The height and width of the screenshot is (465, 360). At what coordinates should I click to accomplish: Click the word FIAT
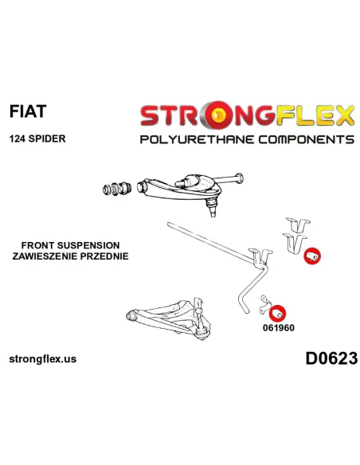click(x=28, y=111)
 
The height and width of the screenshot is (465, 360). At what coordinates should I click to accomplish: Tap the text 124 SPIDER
click(x=37, y=139)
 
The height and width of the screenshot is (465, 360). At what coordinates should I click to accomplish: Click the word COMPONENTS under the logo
click(x=306, y=139)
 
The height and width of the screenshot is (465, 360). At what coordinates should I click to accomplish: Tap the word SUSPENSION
click(x=88, y=245)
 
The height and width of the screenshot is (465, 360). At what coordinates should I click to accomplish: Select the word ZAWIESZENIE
click(x=47, y=256)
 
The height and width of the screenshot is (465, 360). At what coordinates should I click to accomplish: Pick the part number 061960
click(x=279, y=328)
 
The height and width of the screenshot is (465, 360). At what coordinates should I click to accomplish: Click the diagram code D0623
click(x=331, y=358)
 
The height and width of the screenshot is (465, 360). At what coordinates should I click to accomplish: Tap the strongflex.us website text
click(x=43, y=359)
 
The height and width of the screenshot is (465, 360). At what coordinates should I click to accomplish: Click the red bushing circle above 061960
click(x=278, y=313)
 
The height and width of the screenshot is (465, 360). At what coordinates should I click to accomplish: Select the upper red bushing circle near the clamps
click(x=312, y=256)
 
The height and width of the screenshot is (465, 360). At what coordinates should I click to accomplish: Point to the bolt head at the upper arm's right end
click(x=239, y=178)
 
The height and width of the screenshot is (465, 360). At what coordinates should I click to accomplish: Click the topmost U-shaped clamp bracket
click(x=298, y=225)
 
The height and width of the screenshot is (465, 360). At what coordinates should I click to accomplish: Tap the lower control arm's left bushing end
click(x=131, y=315)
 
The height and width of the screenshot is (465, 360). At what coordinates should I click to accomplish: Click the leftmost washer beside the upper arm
click(x=107, y=190)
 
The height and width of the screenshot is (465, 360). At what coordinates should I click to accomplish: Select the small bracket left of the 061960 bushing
click(x=264, y=305)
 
